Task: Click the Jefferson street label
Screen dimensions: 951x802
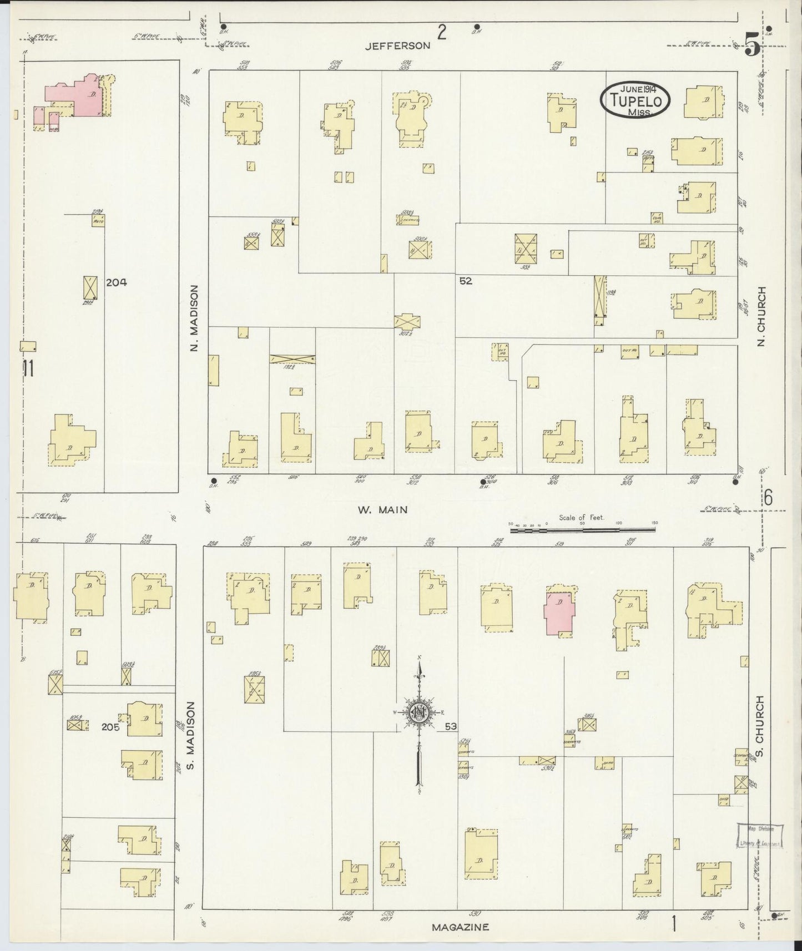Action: coord(397,46)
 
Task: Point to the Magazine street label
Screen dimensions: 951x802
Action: coord(461,927)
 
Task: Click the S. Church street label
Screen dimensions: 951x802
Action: coord(760,727)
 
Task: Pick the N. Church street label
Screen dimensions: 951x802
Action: coord(761,316)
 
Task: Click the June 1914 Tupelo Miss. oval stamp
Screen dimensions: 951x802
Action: coord(635,100)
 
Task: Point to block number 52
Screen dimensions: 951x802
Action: coord(465,281)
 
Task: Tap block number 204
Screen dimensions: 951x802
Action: coord(116,282)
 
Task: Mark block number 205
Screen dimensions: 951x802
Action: coord(110,727)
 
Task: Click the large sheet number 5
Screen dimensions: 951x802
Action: coord(752,43)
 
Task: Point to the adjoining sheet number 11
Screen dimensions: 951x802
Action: coord(28,368)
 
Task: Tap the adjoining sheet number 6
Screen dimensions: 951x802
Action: coord(768,498)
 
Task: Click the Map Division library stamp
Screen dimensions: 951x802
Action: coord(760,836)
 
